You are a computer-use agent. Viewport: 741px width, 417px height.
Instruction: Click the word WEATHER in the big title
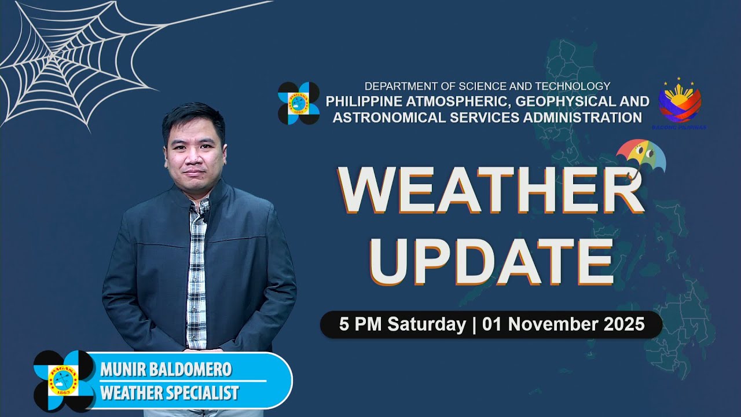[x=491, y=189]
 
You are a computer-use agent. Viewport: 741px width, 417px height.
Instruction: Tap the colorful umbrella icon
[x=641, y=156]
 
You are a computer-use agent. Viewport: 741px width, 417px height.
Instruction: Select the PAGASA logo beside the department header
[x=299, y=103]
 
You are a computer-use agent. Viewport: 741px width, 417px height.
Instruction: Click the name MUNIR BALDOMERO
[x=166, y=369]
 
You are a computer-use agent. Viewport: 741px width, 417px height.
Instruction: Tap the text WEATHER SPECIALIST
[x=169, y=393]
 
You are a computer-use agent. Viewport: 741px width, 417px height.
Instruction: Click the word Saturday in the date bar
[x=427, y=324]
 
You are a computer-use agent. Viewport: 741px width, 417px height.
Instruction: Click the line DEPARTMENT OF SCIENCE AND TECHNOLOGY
[x=487, y=86]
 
